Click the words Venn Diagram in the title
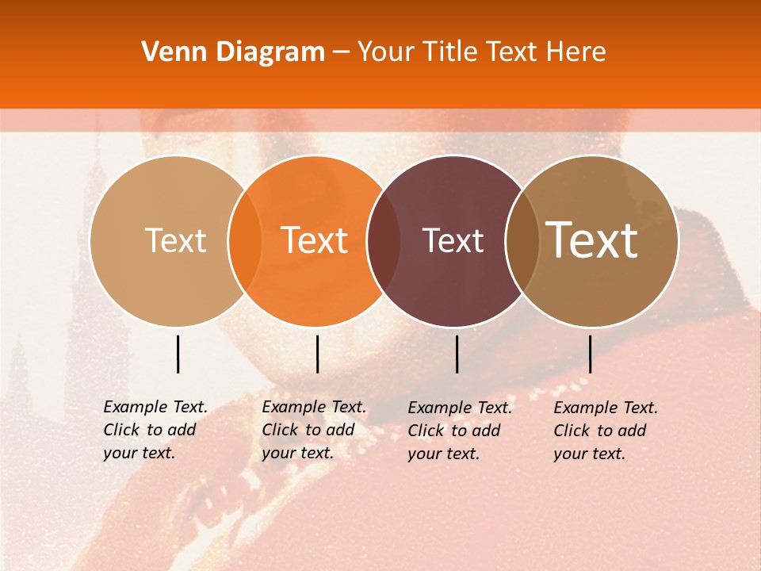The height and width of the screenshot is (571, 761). click(233, 52)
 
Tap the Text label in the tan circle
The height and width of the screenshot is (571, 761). click(175, 240)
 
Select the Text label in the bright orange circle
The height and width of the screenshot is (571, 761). click(314, 240)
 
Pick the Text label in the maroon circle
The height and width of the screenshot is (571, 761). click(453, 240)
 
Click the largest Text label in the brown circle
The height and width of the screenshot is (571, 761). click(592, 240)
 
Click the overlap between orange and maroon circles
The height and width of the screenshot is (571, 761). click(384, 240)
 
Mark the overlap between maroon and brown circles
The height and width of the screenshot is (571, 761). click(522, 240)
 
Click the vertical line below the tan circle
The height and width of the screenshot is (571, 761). click(178, 354)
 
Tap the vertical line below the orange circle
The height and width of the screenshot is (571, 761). click(317, 354)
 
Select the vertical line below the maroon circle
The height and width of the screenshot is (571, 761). click(457, 354)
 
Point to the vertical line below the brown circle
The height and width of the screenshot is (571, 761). click(590, 354)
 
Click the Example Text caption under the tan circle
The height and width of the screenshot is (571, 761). click(155, 430)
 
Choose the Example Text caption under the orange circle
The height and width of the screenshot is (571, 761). click(313, 430)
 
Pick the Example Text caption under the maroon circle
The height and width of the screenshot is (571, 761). click(459, 431)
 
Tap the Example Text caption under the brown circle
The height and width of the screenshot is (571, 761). click(605, 431)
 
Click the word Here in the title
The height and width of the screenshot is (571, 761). click(578, 52)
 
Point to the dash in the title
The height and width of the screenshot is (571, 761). click(341, 52)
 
